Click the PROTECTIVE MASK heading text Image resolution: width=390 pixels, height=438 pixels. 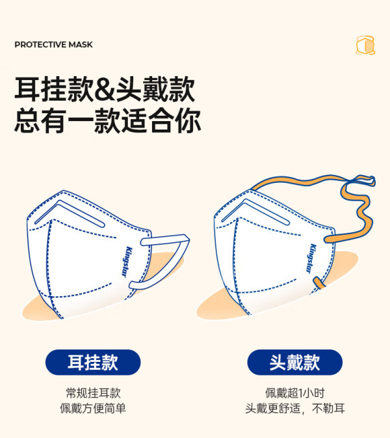pyautogui.click(x=53, y=45)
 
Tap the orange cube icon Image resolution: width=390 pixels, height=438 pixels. pyautogui.click(x=365, y=46)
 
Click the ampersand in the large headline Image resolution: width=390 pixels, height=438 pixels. pyautogui.click(x=105, y=89)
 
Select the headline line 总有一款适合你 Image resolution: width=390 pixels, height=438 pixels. pyautogui.click(x=107, y=120)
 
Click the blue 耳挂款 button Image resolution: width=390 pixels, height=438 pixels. pyautogui.click(x=93, y=363)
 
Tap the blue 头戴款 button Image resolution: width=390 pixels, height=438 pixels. pyautogui.click(x=294, y=363)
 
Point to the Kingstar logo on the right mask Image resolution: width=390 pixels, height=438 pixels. pyautogui.click(x=311, y=258)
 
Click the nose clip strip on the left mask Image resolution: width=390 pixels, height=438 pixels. pyautogui.click(x=69, y=213)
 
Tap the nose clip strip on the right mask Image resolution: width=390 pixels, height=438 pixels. pyautogui.click(x=255, y=212)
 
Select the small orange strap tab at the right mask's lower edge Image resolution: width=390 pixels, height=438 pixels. pyautogui.click(x=319, y=282)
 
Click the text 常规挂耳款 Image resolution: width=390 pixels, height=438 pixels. pyautogui.click(x=93, y=392)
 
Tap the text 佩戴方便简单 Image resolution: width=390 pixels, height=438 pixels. pyautogui.click(x=93, y=408)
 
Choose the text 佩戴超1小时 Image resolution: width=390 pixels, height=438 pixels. pyautogui.click(x=295, y=392)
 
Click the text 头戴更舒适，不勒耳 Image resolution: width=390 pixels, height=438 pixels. pyautogui.click(x=295, y=408)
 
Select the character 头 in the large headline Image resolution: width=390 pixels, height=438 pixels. pyautogui.click(x=128, y=89)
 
